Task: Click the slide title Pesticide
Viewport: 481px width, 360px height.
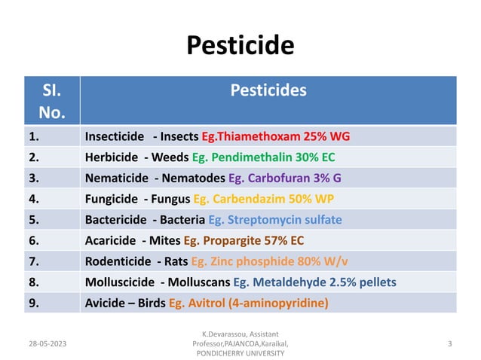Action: tap(240, 46)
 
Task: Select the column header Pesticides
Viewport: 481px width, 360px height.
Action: tap(268, 90)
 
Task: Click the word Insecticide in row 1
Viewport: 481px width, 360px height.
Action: tap(115, 137)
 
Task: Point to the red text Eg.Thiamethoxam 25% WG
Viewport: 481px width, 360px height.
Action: tap(276, 137)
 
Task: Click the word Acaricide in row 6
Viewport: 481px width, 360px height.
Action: tap(110, 241)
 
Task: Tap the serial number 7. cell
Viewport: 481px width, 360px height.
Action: tap(34, 261)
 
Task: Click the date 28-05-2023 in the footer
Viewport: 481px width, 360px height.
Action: tap(47, 343)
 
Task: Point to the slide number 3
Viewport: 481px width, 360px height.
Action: tap(449, 343)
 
